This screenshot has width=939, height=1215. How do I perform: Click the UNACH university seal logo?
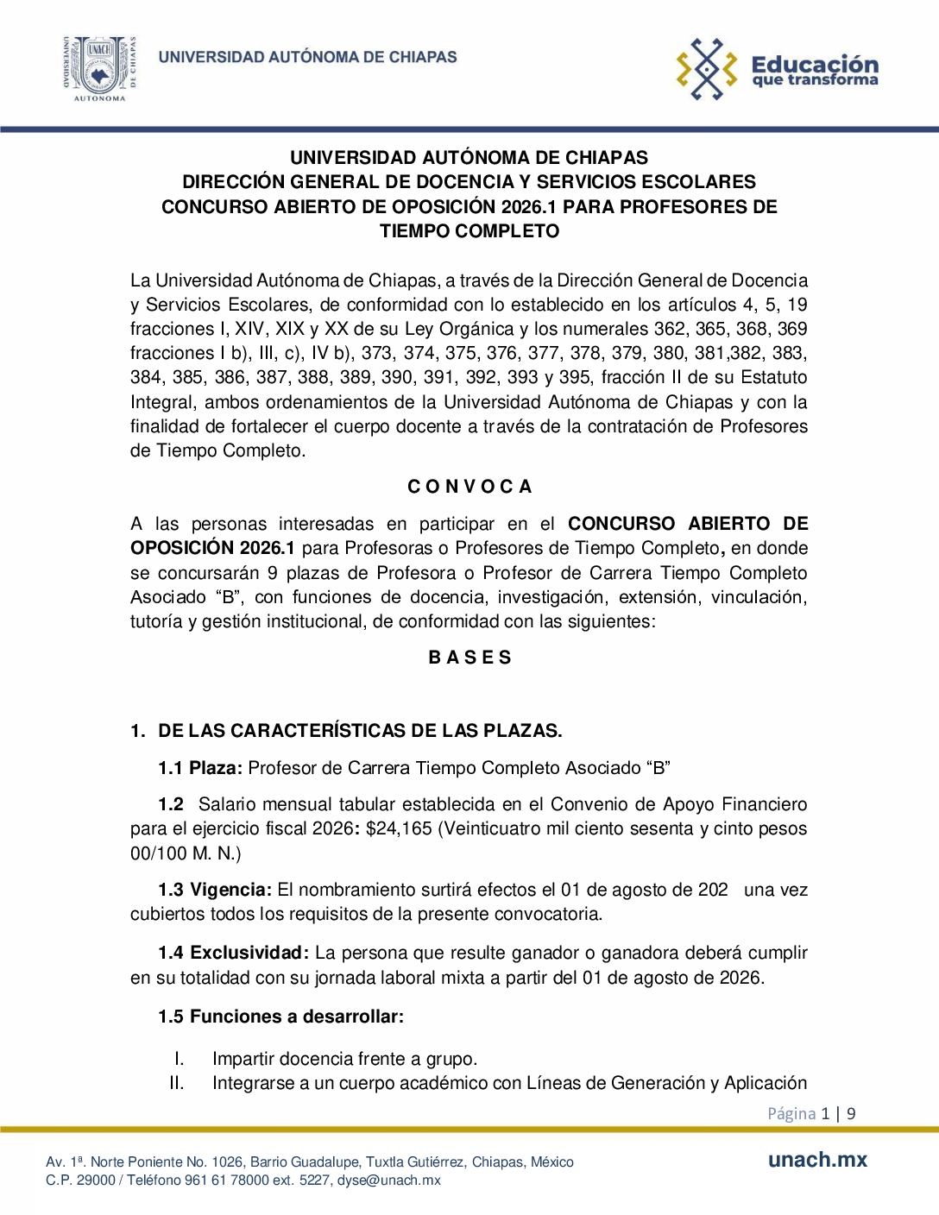100,67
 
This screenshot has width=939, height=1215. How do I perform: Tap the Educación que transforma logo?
777,69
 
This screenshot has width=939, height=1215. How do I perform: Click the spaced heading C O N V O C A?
469,487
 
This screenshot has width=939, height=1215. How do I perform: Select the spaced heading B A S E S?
469,658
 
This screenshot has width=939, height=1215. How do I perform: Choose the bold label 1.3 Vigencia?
215,890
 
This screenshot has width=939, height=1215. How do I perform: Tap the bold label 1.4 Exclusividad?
233,953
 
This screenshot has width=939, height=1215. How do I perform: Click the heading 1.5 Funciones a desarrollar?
280,1017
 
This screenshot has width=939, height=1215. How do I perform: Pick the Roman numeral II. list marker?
177,1083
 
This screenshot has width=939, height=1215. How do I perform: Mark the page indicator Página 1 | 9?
811,1113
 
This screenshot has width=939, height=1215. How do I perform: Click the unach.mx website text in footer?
817,1160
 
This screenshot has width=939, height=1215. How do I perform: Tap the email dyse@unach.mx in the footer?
388,1180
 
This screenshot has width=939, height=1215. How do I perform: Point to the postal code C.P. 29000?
80,1180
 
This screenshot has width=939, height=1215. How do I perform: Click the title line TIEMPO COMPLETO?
469,231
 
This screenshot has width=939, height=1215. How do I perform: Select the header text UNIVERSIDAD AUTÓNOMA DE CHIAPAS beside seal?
307,57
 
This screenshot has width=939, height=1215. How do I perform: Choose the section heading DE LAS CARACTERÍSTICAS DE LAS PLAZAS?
360,731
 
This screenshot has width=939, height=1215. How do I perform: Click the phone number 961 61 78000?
226,1180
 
